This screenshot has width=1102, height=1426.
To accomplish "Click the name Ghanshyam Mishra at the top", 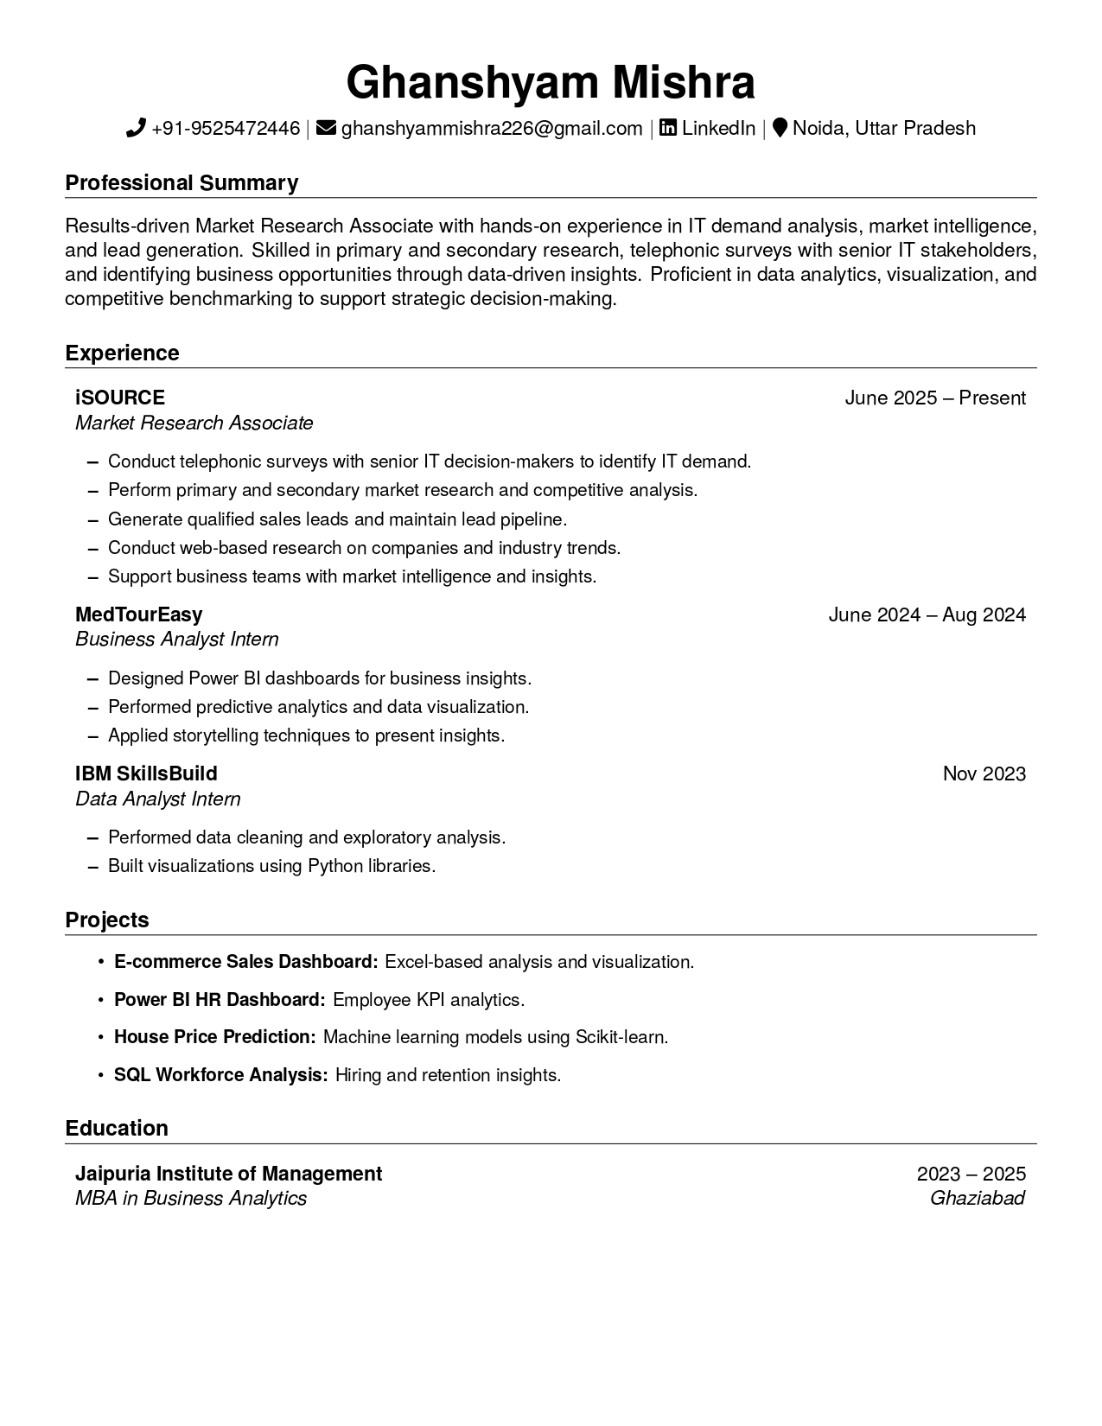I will pyautogui.click(x=551, y=83).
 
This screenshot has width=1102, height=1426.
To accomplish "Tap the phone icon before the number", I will pyautogui.click(x=136, y=129).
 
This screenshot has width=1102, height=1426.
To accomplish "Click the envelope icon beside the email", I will pyautogui.click(x=326, y=129).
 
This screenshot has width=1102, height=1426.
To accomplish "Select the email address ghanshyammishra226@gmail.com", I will pyautogui.click(x=491, y=129).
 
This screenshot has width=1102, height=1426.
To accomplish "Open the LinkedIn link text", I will pyautogui.click(x=718, y=129).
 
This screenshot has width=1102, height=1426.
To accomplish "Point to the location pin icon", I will pyautogui.click(x=780, y=129).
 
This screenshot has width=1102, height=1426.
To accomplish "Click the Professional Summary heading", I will pyautogui.click(x=182, y=183).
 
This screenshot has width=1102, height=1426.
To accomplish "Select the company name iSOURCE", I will pyautogui.click(x=120, y=398).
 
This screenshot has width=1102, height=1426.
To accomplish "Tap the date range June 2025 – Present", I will pyautogui.click(x=934, y=398).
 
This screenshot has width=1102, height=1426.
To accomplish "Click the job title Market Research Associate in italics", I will pyautogui.click(x=194, y=423).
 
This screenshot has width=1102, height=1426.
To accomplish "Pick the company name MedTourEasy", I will pyautogui.click(x=138, y=614).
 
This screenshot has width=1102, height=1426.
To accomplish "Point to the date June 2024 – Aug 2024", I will pyautogui.click(x=927, y=614).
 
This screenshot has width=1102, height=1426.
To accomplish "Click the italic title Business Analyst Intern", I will pyautogui.click(x=176, y=640).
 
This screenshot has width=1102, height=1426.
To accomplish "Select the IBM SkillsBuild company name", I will pyautogui.click(x=146, y=773).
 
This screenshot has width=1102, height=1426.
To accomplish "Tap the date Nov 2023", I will pyautogui.click(x=984, y=773).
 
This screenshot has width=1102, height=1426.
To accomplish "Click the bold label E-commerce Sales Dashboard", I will pyautogui.click(x=245, y=962).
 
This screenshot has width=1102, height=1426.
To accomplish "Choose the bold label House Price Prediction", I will pyautogui.click(x=215, y=1037).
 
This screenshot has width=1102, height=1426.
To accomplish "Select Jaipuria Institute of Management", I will pyautogui.click(x=228, y=1174).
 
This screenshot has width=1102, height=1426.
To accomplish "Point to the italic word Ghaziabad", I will pyautogui.click(x=977, y=1199).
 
